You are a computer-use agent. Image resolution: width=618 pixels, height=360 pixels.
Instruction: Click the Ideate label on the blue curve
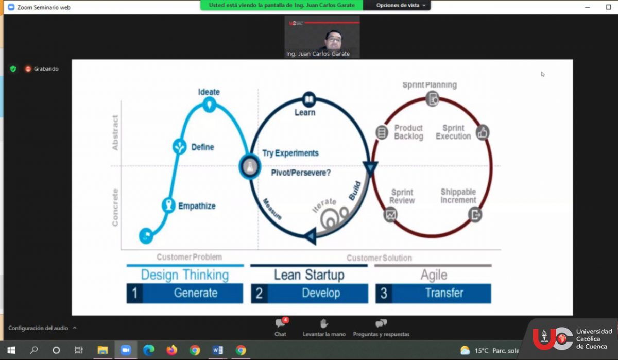point(209,92)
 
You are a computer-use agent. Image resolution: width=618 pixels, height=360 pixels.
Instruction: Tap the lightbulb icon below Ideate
point(209,105)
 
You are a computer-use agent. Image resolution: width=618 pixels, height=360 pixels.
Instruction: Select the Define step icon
point(180,146)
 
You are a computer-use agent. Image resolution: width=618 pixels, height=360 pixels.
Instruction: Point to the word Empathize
point(197,206)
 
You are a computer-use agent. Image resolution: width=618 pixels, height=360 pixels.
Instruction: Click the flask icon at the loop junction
point(250,167)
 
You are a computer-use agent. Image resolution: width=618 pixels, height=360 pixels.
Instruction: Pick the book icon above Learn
point(309,99)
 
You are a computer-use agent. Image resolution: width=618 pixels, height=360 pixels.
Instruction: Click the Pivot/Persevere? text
point(301,173)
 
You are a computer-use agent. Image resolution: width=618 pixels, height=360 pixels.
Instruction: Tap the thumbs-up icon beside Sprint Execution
point(482,133)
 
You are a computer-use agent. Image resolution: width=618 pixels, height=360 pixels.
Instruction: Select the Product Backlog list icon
point(382,132)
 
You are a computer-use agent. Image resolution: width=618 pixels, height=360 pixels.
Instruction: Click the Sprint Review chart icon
point(390,215)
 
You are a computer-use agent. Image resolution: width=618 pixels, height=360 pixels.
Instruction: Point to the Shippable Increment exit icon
point(475,215)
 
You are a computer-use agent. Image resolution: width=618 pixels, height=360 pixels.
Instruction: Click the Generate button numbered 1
point(185,293)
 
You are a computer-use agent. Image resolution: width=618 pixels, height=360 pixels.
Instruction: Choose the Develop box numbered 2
point(310,293)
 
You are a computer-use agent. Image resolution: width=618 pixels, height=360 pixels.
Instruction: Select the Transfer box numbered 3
point(433,293)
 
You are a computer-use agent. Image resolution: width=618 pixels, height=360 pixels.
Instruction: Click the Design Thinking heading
point(185,275)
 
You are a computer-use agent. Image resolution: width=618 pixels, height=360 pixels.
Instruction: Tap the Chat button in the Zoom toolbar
point(281,328)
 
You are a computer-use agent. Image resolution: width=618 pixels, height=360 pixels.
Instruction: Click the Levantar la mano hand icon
point(324,323)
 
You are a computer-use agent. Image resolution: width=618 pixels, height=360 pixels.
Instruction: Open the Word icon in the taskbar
point(217,350)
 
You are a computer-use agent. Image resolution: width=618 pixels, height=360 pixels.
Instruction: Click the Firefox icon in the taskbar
point(171,350)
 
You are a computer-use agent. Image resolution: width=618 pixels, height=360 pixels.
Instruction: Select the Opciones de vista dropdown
point(401,5)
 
